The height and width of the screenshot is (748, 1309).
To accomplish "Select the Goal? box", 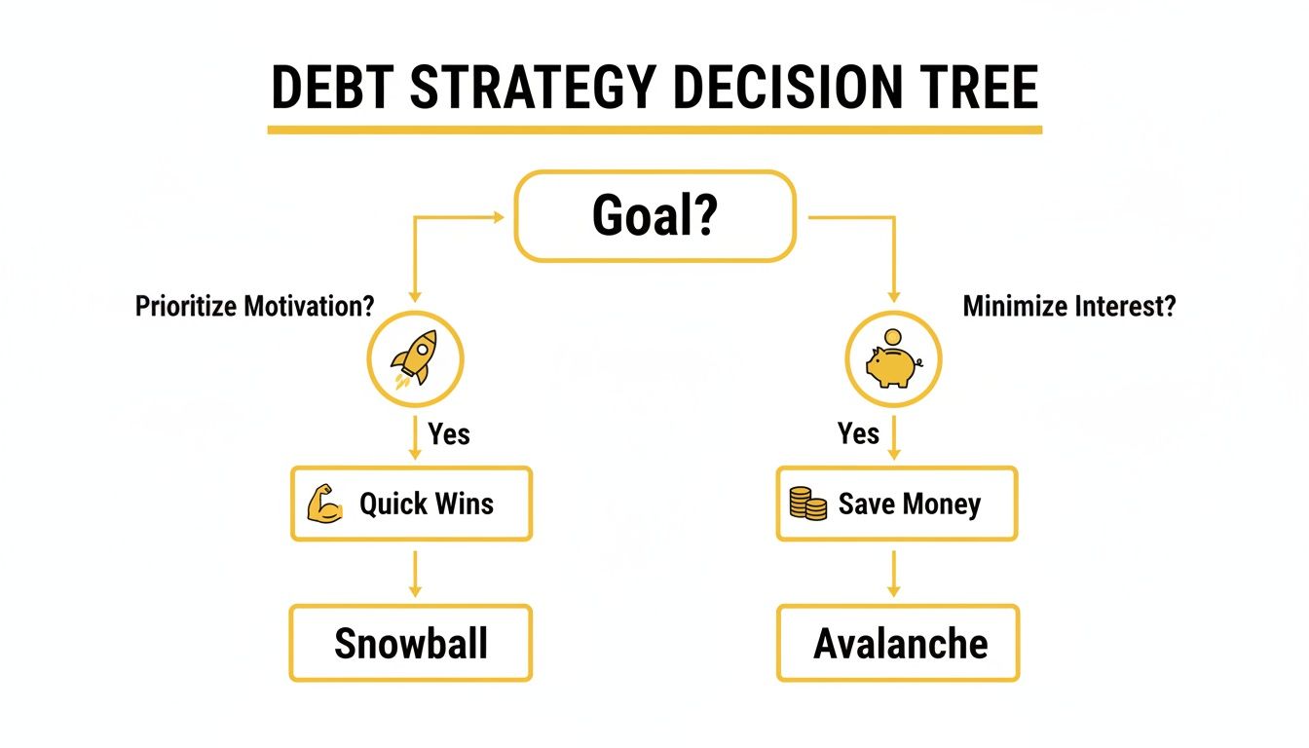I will point(654,216).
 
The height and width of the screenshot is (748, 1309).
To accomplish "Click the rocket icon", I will point(415,359).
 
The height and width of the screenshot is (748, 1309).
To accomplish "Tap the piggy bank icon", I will point(891,366).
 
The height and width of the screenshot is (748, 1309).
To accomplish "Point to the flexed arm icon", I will point(324,505).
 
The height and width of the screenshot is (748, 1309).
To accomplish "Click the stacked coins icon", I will point(807,505).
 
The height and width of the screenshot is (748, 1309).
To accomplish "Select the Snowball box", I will point(411,643).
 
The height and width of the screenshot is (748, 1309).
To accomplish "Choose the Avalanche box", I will point(898,643).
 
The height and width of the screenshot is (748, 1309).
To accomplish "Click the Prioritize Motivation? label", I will point(254,307).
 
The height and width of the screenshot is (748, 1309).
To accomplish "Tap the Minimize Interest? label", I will point(1068,307).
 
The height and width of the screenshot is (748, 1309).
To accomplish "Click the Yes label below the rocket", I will point(449,433).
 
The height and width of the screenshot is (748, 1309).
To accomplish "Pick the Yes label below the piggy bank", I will point(858,433).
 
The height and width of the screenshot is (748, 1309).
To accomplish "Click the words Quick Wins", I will point(427,505).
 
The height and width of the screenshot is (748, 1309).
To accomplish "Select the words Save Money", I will point(909,505).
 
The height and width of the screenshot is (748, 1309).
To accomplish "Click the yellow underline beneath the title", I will point(654,130).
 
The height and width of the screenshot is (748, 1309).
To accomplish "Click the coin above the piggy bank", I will point(893,336).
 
